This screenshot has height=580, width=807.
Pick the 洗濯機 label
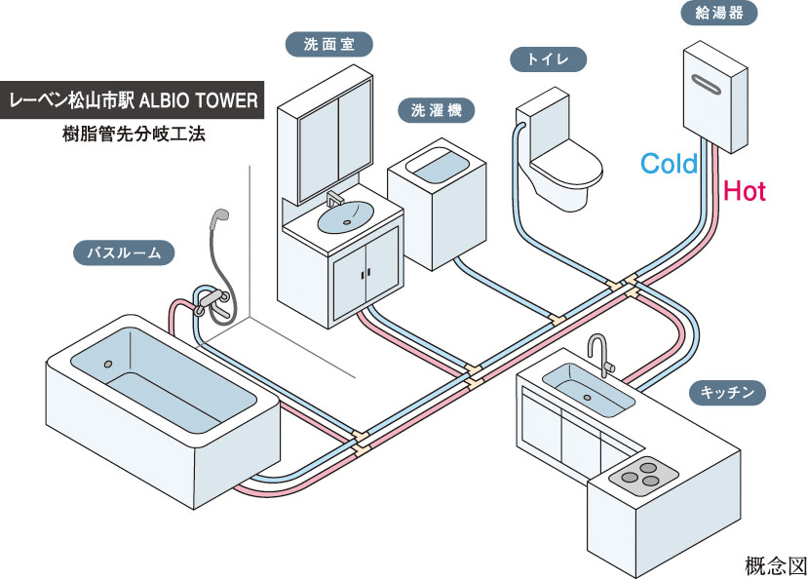(x=436, y=110)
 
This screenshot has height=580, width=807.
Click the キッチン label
(x=727, y=394)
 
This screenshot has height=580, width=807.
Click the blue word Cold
(x=669, y=164)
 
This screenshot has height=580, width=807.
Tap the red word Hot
(x=745, y=191)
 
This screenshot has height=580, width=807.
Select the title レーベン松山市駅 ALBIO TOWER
(x=133, y=99)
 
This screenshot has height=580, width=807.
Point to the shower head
(x=221, y=217)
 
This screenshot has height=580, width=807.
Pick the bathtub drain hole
(x=107, y=365)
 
